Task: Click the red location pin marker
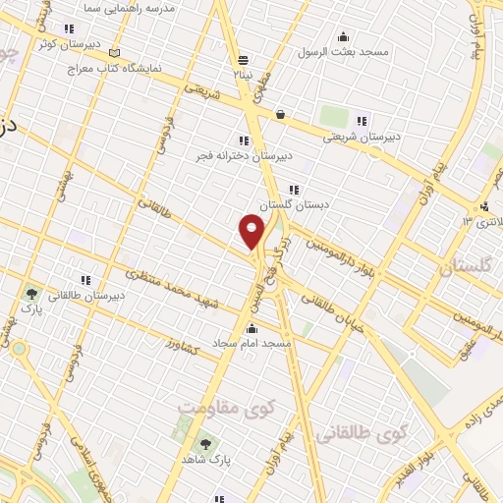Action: point(252,229)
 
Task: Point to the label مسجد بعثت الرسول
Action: point(346,51)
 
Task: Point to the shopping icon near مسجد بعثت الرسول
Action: point(281,114)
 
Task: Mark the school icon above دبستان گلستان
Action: point(293,189)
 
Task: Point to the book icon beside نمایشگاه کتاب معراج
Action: point(116,52)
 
